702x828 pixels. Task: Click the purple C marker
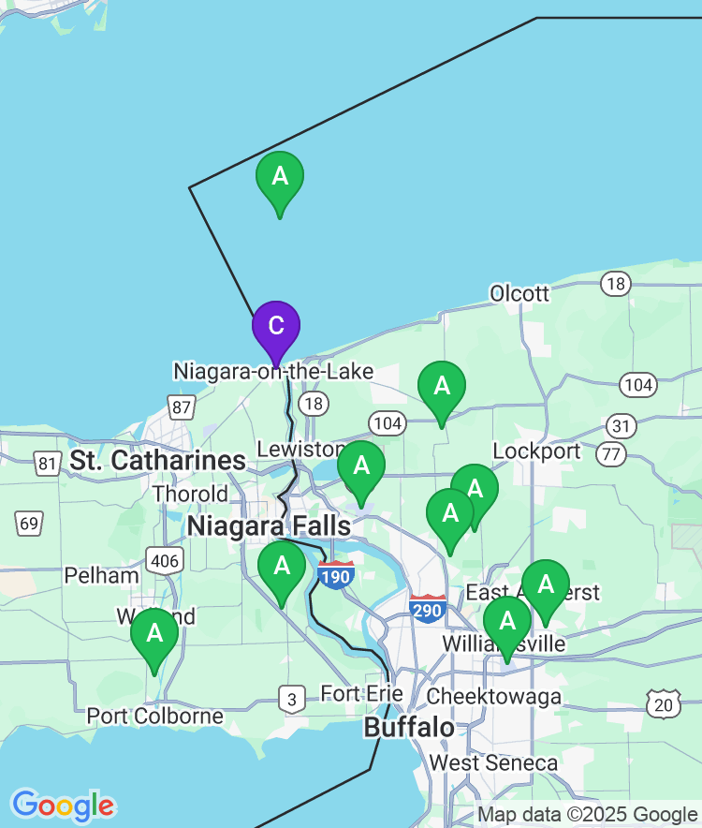click(x=276, y=327)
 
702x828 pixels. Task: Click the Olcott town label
click(x=519, y=294)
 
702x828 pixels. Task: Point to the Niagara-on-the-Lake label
click(x=273, y=372)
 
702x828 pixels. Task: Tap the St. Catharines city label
click(x=158, y=461)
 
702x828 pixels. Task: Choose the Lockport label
click(x=536, y=451)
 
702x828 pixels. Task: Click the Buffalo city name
click(x=409, y=728)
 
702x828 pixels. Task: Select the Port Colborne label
click(x=154, y=716)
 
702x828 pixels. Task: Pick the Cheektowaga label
click(x=493, y=697)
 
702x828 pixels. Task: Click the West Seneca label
click(x=493, y=763)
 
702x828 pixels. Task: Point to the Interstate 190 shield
click(x=335, y=574)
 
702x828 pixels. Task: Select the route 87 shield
click(x=182, y=407)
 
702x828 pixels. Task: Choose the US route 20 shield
click(x=664, y=703)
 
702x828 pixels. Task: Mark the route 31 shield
click(x=620, y=426)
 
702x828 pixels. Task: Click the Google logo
click(x=63, y=805)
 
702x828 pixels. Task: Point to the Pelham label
click(x=102, y=574)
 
